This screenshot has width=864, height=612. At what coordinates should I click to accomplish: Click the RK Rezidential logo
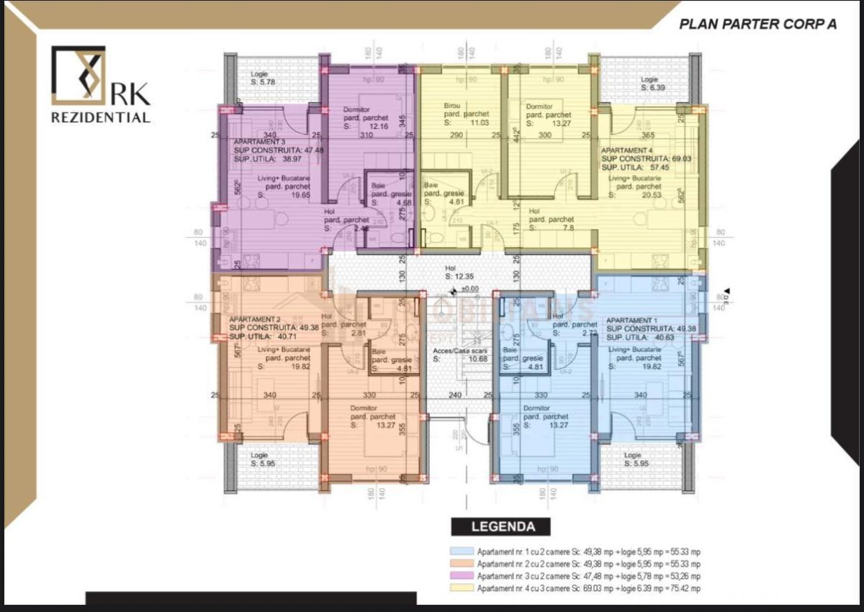click(x=100, y=85)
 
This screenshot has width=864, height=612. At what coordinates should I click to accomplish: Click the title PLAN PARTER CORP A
click(x=757, y=24)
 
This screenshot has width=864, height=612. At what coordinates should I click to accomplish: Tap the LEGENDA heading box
click(x=503, y=526)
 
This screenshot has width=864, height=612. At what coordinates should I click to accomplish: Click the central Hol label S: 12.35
click(x=459, y=271)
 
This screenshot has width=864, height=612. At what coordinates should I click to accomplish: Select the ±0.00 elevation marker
click(x=468, y=289)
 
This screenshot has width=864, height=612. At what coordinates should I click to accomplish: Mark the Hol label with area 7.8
click(x=551, y=219)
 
